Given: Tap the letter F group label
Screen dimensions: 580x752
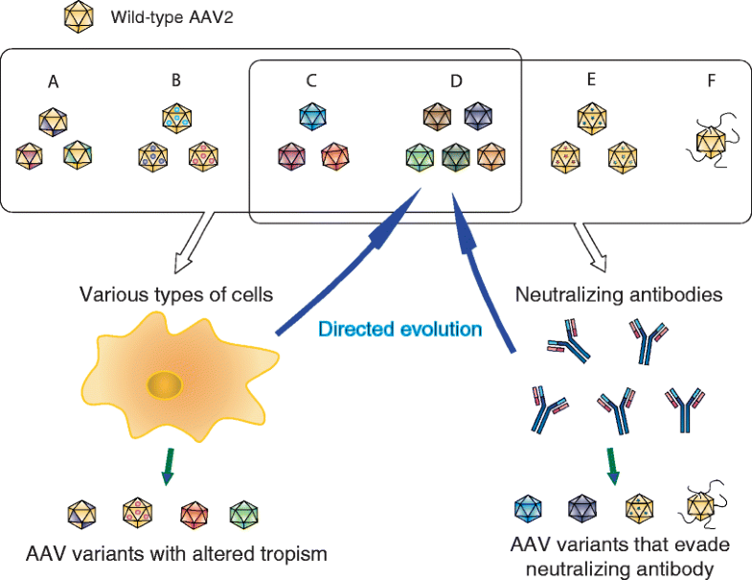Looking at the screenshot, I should tap(711, 81).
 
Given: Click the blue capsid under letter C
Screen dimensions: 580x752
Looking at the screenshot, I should tap(312, 116).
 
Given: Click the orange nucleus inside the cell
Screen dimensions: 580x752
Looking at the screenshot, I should tap(165, 384).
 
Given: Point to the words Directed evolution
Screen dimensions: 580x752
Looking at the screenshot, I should tap(399, 329).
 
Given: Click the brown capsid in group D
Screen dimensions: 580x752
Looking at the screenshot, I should tap(438, 117).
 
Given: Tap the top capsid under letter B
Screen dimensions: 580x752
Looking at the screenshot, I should tap(175, 118).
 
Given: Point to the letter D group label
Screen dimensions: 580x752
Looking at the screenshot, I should tap(456, 82).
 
